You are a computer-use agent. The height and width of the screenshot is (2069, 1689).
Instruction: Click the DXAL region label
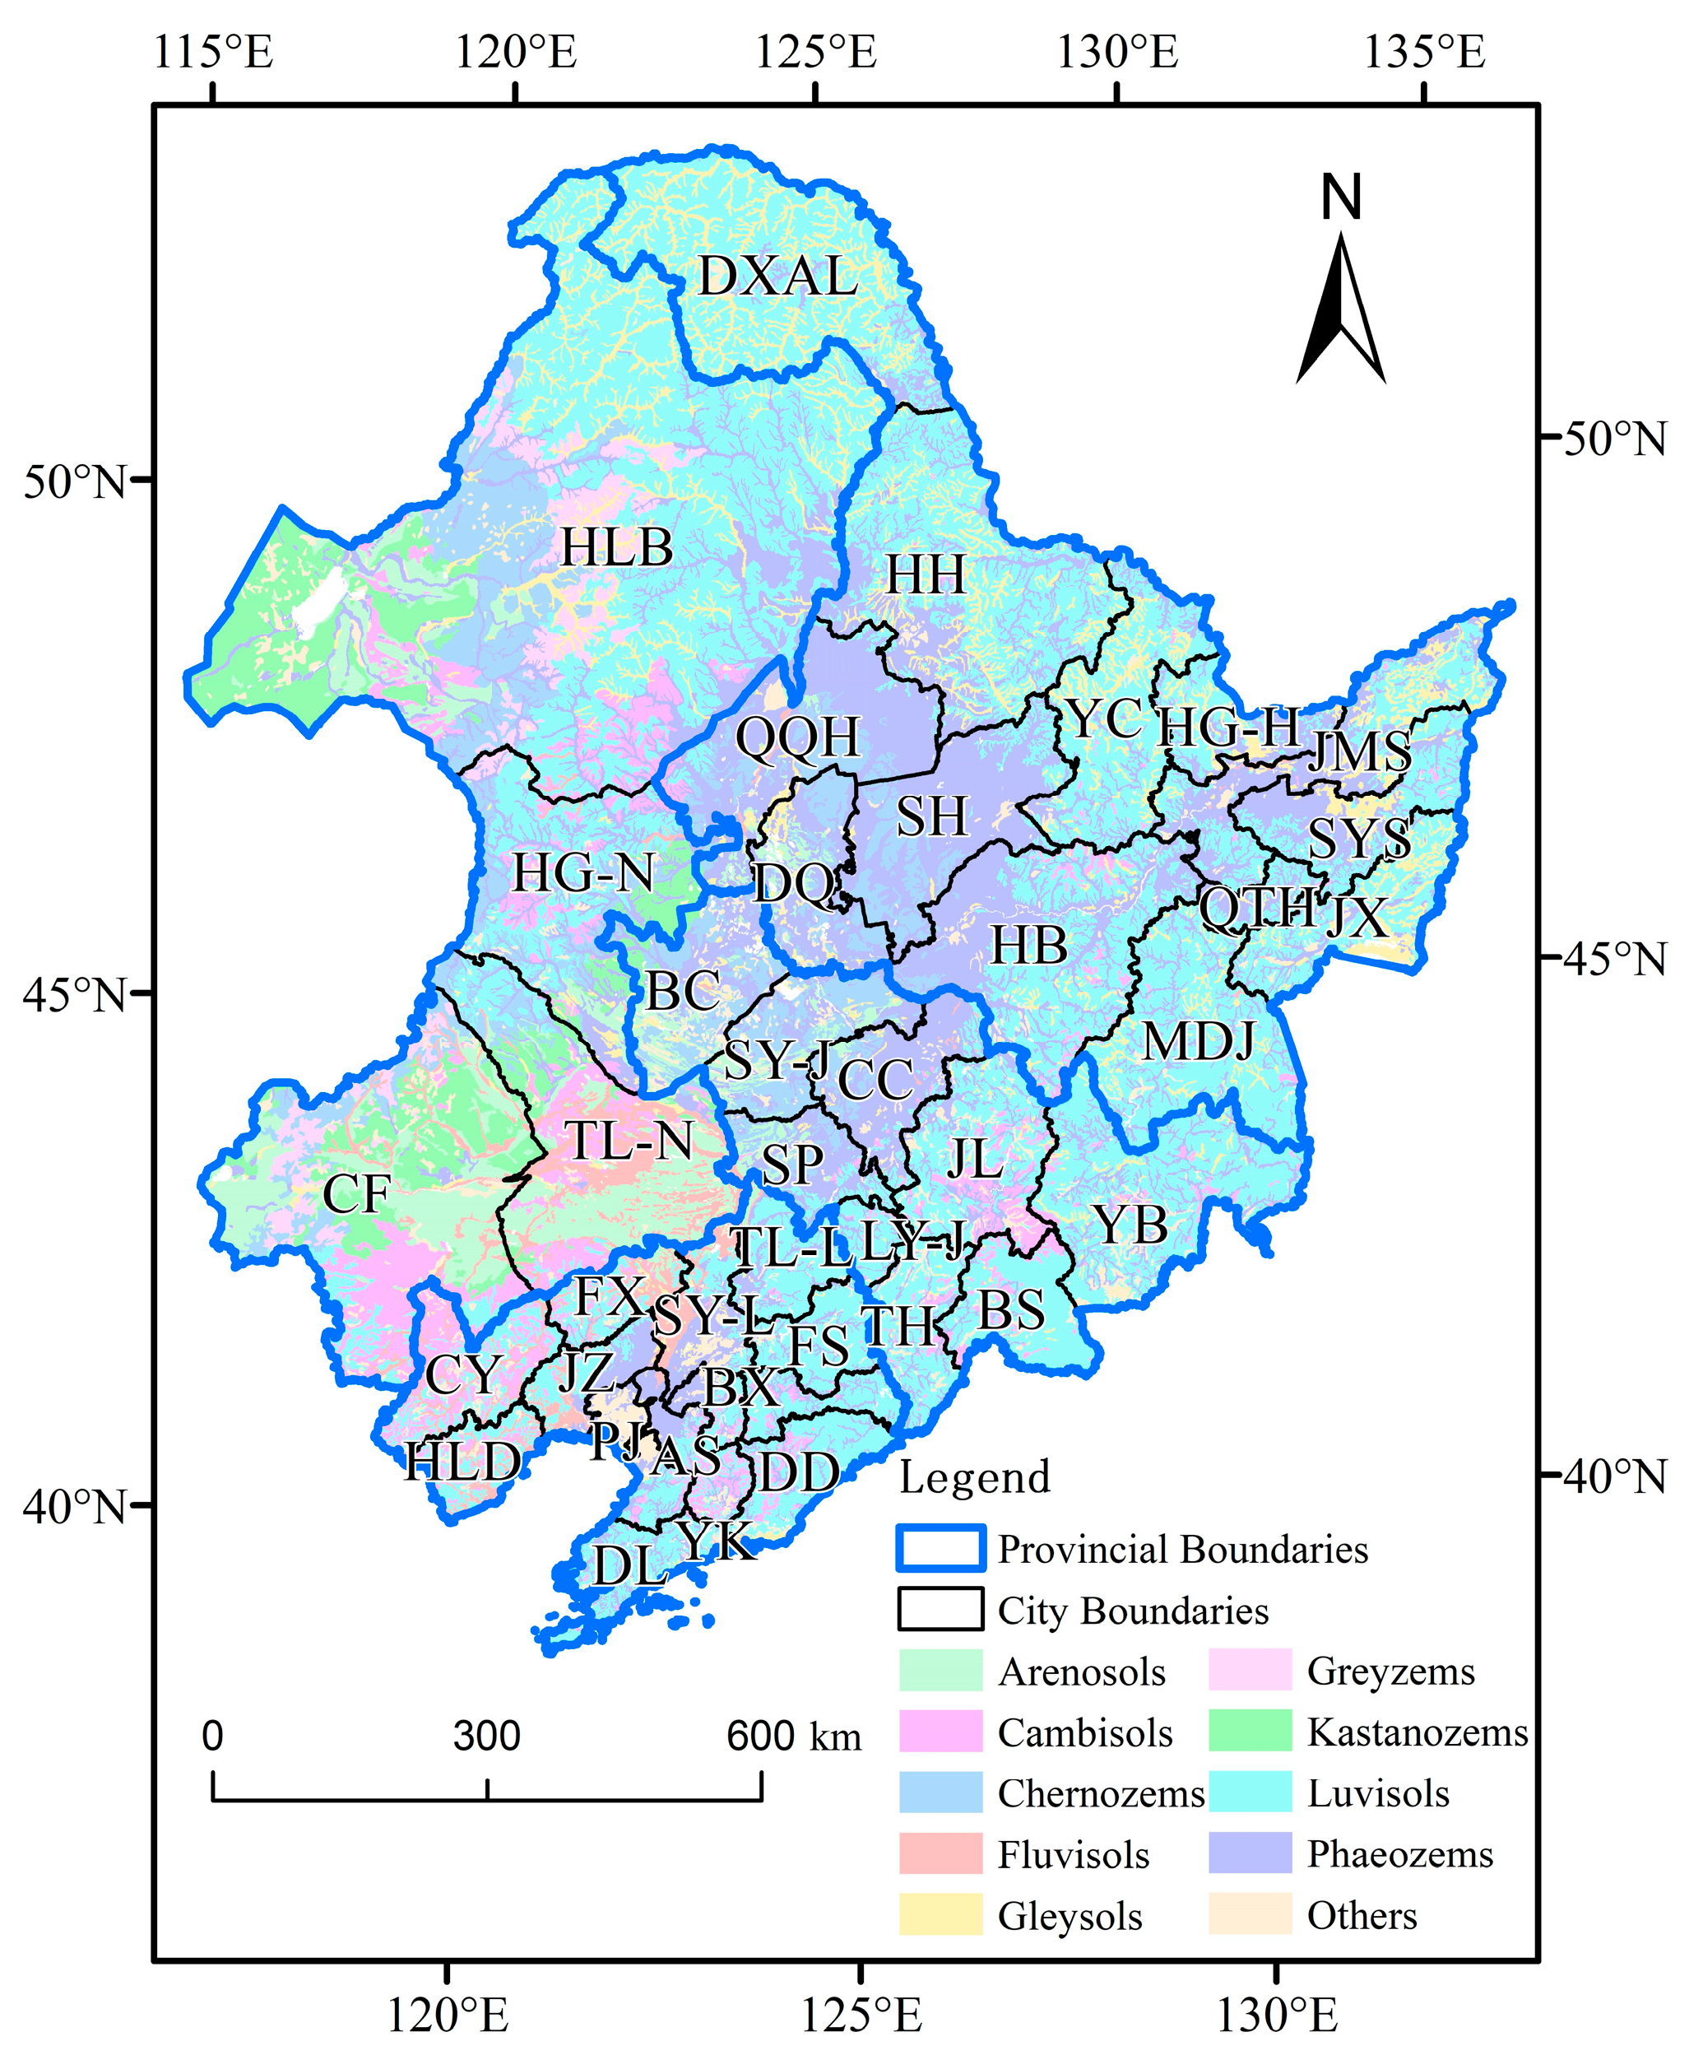(x=777, y=277)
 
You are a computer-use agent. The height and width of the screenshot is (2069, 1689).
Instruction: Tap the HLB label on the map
(x=616, y=548)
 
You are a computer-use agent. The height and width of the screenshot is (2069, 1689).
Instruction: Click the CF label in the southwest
(x=356, y=1194)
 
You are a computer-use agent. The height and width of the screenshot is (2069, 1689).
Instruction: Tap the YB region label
(x=1130, y=1225)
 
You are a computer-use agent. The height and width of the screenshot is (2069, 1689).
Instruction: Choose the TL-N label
(x=629, y=1141)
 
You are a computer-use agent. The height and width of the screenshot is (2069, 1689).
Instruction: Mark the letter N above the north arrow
(x=1341, y=198)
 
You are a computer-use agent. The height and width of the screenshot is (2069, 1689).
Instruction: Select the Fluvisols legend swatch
(x=940, y=1854)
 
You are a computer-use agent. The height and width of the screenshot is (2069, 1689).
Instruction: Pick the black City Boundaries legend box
(x=940, y=1610)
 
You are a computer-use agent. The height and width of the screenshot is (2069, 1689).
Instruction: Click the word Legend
(x=975, y=1477)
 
